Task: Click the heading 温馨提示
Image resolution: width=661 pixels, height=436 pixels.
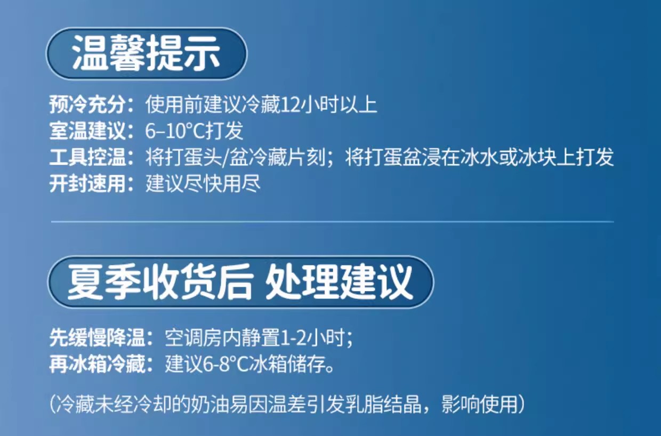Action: coord(147,53)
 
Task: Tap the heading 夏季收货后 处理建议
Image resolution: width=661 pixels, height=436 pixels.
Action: coord(240,282)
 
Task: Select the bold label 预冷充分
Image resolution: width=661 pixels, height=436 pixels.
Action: coord(87,104)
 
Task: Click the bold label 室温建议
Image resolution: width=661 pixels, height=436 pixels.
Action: coord(87,131)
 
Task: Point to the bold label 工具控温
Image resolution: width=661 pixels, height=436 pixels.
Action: coord(87,157)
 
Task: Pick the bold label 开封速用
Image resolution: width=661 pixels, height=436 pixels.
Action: coord(87,183)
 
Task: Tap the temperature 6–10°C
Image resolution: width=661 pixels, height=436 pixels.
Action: coord(175,131)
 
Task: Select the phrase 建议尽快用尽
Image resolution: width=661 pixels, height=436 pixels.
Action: coord(203,183)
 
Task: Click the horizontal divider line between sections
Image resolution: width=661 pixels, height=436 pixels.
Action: coord(332,222)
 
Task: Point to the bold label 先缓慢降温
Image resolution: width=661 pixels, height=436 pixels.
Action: coord(97,337)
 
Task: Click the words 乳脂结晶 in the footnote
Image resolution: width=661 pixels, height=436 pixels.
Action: coord(384,404)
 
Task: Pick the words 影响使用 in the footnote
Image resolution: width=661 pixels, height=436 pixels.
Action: coord(480,404)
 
